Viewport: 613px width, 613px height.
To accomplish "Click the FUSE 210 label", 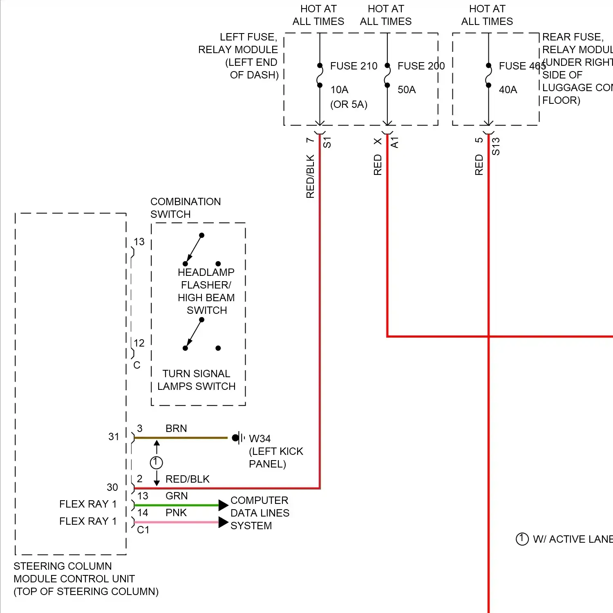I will click(x=353, y=66).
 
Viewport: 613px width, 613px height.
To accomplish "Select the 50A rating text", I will click(x=407, y=90).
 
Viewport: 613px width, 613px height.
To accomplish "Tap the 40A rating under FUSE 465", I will click(x=508, y=90).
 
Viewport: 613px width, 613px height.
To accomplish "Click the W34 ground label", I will click(x=260, y=438).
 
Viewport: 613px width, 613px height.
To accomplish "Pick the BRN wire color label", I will click(x=176, y=428).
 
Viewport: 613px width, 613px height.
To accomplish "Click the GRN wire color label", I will click(x=177, y=496).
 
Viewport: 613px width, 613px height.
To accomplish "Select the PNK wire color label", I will click(x=176, y=512).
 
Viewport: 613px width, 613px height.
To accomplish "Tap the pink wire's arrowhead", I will click(x=223, y=522).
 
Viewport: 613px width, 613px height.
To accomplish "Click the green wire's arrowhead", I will click(x=223, y=505).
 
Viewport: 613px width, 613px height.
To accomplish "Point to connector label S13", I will click(x=496, y=146).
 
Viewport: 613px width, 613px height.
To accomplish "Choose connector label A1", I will click(x=394, y=143).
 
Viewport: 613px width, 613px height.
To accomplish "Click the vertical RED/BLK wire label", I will click(x=310, y=177).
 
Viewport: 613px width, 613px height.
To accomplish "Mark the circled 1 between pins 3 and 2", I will click(x=157, y=463).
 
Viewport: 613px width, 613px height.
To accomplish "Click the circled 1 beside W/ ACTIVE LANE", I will click(x=522, y=539).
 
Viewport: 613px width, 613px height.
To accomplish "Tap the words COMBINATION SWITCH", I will click(x=186, y=208).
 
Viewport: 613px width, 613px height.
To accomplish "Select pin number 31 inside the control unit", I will click(x=114, y=436).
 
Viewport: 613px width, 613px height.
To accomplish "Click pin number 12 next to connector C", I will click(x=139, y=343).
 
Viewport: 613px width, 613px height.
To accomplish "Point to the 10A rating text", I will click(x=339, y=90).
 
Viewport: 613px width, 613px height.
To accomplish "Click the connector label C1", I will click(x=143, y=530).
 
